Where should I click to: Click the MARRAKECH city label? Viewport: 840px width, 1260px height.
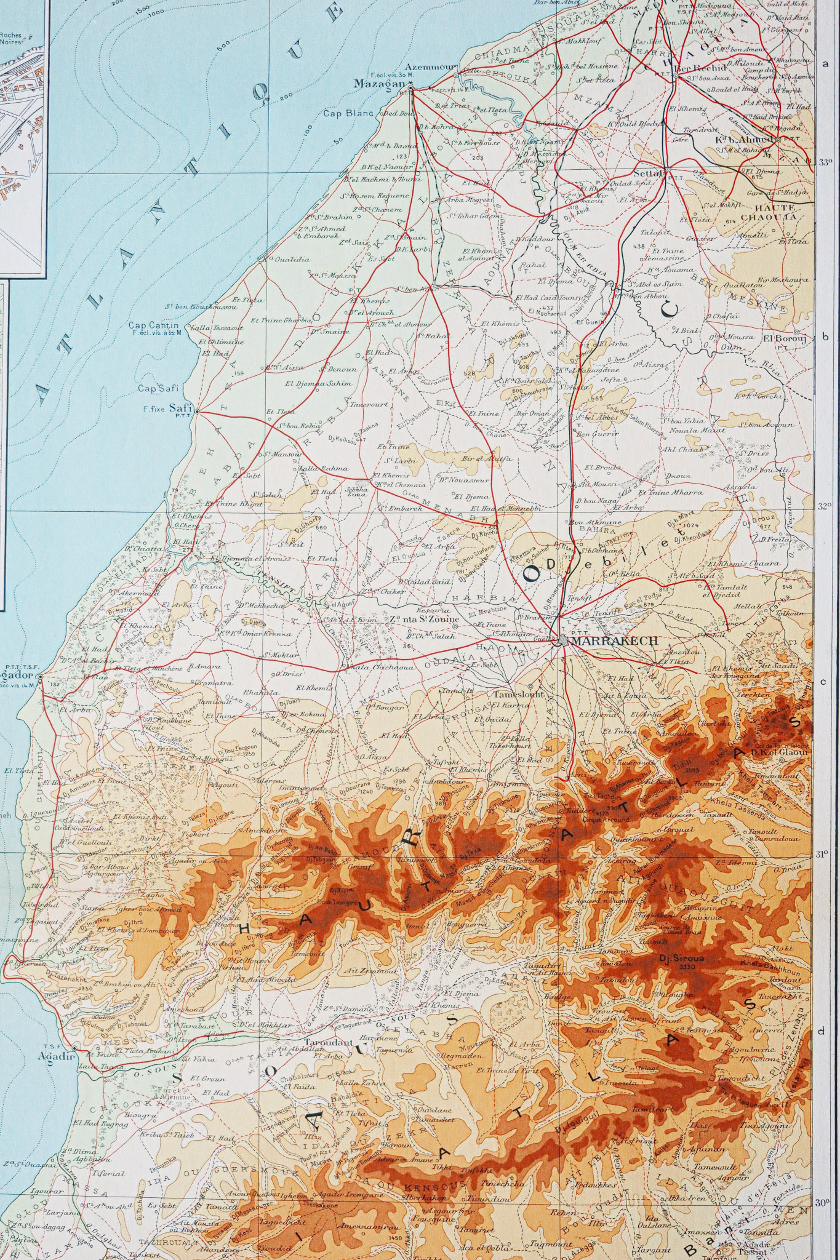(x=615, y=640)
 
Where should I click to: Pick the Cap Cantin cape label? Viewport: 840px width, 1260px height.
(x=154, y=325)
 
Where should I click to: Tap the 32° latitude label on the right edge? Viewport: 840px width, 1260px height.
(x=825, y=506)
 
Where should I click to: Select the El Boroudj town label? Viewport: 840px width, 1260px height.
(x=777, y=338)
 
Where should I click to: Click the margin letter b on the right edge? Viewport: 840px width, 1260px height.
(x=826, y=337)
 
